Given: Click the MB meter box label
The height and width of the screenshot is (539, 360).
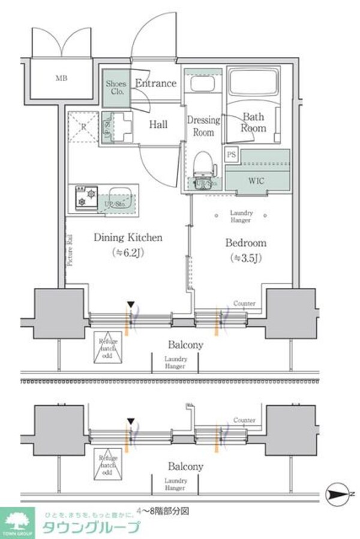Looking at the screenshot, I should (x=61, y=78).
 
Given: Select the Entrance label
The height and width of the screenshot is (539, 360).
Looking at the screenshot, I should (x=155, y=83).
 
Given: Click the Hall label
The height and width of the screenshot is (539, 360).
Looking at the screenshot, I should (x=158, y=125).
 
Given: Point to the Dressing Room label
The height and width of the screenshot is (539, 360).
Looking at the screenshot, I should (x=203, y=126).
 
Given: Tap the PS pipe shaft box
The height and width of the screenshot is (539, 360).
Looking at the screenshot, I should (x=232, y=154).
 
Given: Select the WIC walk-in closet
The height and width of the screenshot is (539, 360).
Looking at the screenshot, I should (x=257, y=180).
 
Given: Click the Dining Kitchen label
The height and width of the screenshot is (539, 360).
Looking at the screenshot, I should (x=127, y=237).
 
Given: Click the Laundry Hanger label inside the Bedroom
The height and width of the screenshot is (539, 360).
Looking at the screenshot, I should (x=241, y=216).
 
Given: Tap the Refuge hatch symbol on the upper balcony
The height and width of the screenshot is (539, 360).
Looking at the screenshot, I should (x=107, y=347).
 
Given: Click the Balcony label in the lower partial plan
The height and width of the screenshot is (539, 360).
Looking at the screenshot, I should (x=185, y=466).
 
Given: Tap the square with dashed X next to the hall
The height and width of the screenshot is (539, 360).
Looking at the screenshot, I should (x=82, y=127).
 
